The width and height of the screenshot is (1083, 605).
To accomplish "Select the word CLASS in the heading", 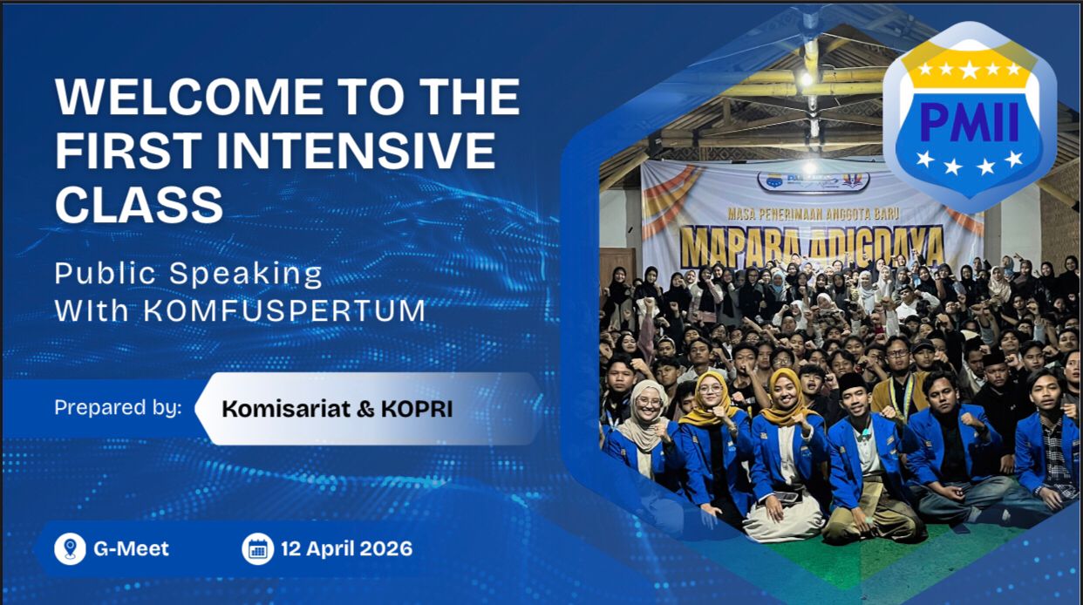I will point(139,204).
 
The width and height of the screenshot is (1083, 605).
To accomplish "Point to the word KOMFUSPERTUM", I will point(284,309).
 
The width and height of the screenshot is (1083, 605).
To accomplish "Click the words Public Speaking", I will point(188,274).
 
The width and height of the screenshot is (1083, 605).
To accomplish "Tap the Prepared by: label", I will point(118,407).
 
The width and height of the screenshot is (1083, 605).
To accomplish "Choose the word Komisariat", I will point(284,408).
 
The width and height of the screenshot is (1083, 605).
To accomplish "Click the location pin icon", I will point(70,549).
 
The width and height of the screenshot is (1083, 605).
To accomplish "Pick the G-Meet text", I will point(131,549).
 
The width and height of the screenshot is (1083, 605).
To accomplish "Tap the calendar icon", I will point(257,549).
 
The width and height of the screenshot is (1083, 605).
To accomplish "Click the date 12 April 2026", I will point(346,549).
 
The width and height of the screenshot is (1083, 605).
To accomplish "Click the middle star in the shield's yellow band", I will point(969,69).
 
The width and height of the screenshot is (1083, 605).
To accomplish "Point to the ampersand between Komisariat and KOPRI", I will point(365,408).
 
